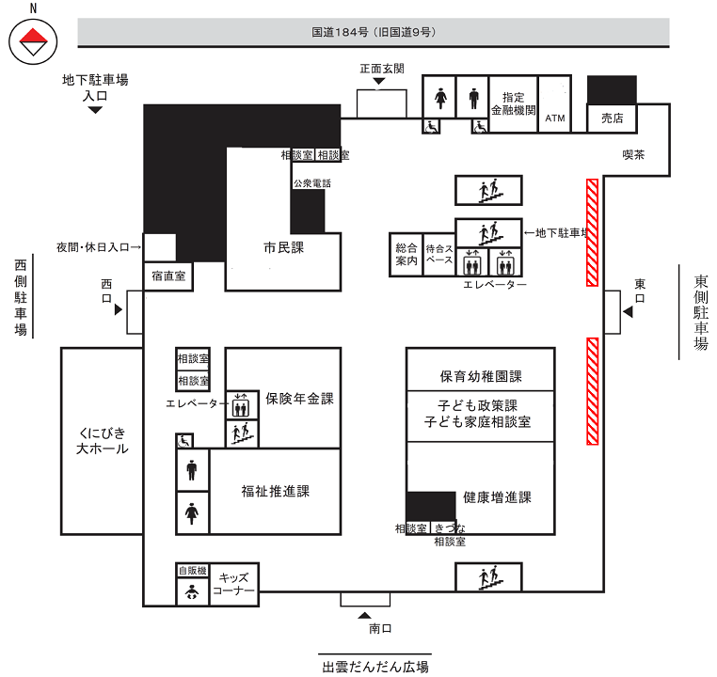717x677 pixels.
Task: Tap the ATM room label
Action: pyautogui.click(x=554, y=118)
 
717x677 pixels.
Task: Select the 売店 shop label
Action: pyautogui.click(x=613, y=118)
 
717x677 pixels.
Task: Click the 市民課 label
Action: pyautogui.click(x=283, y=248)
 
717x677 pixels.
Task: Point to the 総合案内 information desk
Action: pyautogui.click(x=406, y=255)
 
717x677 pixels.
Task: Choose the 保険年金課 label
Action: pyautogui.click(x=299, y=399)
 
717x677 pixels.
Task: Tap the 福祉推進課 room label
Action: pyautogui.click(x=275, y=491)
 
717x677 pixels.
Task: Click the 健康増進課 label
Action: pyautogui.click(x=498, y=497)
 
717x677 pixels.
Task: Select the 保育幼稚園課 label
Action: pyautogui.click(x=480, y=376)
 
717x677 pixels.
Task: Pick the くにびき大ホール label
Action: pyautogui.click(x=102, y=440)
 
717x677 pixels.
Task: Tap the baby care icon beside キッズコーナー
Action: pyautogui.click(x=191, y=591)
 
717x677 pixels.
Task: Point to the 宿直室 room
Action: pyautogui.click(x=167, y=276)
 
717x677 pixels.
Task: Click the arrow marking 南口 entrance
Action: pyautogui.click(x=365, y=613)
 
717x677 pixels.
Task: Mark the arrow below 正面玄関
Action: pyautogui.click(x=379, y=83)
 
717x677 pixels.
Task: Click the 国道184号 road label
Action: pyautogui.click(x=374, y=32)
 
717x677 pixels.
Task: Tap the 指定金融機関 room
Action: pyautogui.click(x=513, y=103)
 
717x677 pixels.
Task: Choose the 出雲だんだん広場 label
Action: pyautogui.click(x=374, y=666)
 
